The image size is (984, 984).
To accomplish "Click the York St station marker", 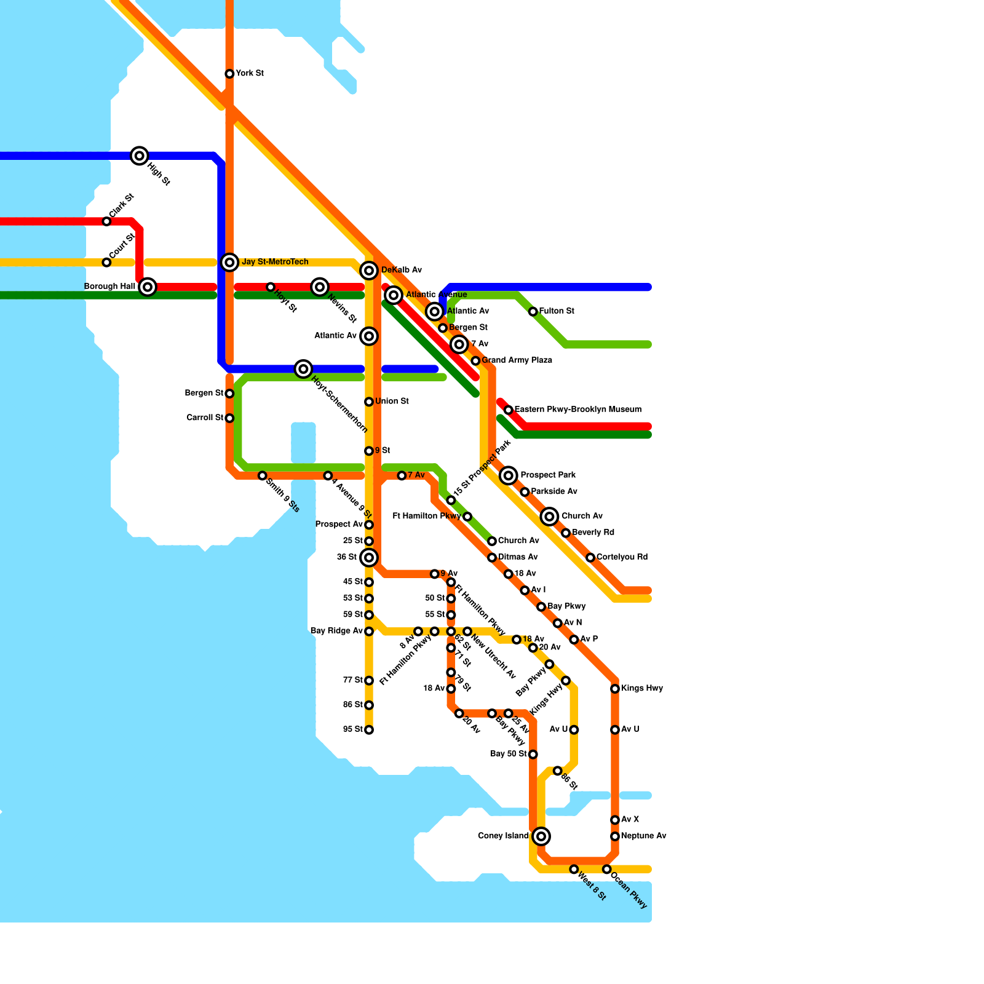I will pos(229,74).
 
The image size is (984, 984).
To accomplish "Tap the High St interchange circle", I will pos(140,156).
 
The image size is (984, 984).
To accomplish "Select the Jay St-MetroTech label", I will pos(275,262).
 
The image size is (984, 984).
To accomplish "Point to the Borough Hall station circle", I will pos(148,287).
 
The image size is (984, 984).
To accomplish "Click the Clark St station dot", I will pos(106,221).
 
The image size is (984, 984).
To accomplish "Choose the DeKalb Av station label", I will pos(401,270).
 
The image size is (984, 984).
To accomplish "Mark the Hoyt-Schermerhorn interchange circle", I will pos(303,369).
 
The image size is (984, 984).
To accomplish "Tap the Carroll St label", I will pos(205,418).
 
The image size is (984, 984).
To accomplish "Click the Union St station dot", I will pos(369,402).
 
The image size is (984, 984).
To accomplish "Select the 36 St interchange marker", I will pos(369,558).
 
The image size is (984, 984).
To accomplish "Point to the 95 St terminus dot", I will pos(369,730).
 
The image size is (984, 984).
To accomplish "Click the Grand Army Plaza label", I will pos(517,360).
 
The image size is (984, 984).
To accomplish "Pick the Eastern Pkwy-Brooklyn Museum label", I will pos(577,410).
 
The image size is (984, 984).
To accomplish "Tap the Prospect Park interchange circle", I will pos(508,475).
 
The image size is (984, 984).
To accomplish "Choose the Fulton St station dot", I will pos(533,312).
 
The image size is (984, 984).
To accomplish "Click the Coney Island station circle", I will pos(541,836).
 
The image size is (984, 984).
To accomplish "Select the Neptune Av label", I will pos(643,836).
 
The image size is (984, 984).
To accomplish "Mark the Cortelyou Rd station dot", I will pos(590,557).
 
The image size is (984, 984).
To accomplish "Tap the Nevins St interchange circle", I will pos(320,287).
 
